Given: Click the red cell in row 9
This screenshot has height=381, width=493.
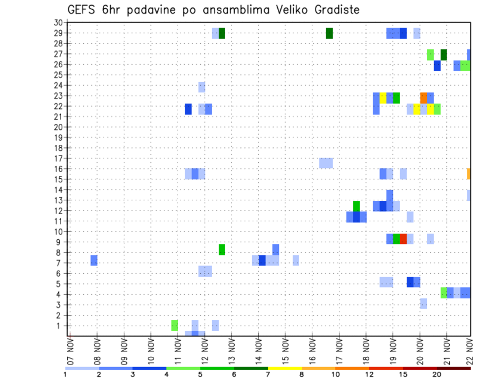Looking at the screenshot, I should pyautogui.click(x=403, y=239).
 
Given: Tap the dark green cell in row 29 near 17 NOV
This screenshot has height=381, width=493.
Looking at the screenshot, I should pyautogui.click(x=329, y=33).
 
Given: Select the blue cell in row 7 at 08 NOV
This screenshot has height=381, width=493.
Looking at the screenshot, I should pyautogui.click(x=94, y=260).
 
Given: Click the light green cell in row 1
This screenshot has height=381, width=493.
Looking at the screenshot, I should pyautogui.click(x=175, y=325).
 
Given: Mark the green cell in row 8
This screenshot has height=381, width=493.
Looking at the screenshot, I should pyautogui.click(x=222, y=250).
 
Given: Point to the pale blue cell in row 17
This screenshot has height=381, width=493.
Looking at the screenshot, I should pyautogui.click(x=326, y=163).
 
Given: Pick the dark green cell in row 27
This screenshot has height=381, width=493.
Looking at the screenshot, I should pyautogui.click(x=444, y=54).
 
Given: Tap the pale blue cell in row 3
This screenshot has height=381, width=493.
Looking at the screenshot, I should pyautogui.click(x=423, y=303).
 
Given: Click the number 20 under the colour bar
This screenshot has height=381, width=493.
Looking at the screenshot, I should pyautogui.click(x=437, y=374).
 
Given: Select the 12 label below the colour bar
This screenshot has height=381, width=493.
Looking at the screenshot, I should pyautogui.click(x=369, y=374).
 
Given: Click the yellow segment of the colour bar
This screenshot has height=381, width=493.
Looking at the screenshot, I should pyautogui.click(x=285, y=368).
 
